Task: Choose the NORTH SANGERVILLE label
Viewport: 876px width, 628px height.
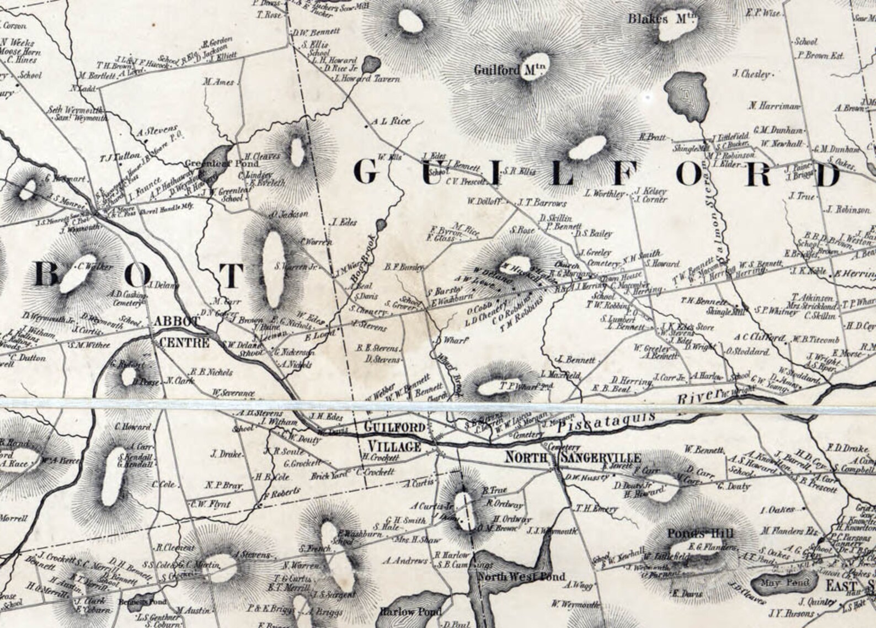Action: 574,458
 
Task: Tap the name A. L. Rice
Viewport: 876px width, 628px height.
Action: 391,121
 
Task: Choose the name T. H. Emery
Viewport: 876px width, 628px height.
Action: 597,509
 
